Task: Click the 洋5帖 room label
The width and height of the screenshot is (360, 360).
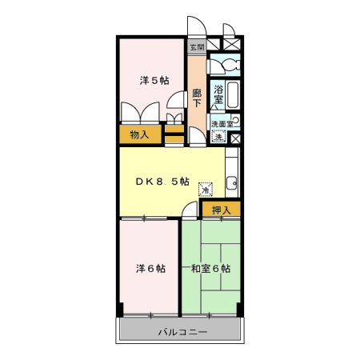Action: pyautogui.click(x=154, y=80)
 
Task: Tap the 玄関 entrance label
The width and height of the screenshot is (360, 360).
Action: pyautogui.click(x=197, y=47)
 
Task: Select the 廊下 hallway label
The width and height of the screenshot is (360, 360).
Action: pyautogui.click(x=197, y=99)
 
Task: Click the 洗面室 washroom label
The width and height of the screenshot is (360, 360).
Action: pyautogui.click(x=222, y=124)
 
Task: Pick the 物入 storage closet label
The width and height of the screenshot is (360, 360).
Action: pyautogui.click(x=139, y=134)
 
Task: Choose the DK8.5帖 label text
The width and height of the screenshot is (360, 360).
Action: pyautogui.click(x=162, y=182)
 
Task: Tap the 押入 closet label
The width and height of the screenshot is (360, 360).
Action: pyautogui.click(x=221, y=210)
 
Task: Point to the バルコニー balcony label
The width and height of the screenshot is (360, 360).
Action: pyautogui.click(x=182, y=331)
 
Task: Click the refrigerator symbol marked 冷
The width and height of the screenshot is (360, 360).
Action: pyautogui.click(x=206, y=190)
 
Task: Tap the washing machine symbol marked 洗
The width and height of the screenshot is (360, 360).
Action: pyautogui.click(x=218, y=137)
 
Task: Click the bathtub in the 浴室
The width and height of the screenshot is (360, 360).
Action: pyautogui.click(x=233, y=97)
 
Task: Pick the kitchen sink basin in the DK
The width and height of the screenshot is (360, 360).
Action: pyautogui.click(x=231, y=182)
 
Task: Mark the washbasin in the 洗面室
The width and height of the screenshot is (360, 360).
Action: pyautogui.click(x=234, y=123)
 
